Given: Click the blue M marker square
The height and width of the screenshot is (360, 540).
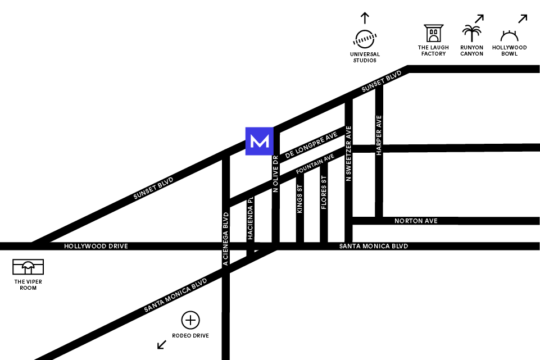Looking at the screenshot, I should (x=259, y=141).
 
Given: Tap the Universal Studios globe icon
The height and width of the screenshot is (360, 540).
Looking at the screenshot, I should (x=365, y=39).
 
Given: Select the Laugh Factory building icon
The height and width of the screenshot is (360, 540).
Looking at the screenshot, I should (x=433, y=33).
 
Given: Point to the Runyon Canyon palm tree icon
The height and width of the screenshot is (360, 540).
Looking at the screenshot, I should (x=471, y=34).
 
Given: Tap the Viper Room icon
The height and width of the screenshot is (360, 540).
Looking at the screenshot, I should (x=28, y=267).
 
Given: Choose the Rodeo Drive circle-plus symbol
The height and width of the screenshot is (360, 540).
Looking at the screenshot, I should (x=190, y=321).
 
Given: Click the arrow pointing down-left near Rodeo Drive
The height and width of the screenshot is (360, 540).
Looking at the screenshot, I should (x=162, y=344).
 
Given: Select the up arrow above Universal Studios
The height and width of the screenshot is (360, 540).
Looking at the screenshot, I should (x=365, y=17).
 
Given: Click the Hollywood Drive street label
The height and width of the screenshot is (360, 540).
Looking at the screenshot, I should (x=96, y=247).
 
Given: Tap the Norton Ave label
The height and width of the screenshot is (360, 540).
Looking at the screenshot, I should (x=416, y=221).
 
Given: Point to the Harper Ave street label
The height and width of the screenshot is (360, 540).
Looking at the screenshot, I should (x=379, y=135).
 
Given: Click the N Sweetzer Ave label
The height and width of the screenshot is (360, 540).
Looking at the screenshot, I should (x=349, y=153).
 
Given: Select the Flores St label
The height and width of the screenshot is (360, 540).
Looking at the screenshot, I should (x=324, y=193).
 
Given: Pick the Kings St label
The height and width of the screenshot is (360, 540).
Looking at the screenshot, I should (x=300, y=199).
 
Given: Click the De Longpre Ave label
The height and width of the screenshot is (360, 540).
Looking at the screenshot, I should (x=311, y=145).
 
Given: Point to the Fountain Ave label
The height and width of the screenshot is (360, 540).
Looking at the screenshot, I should (x=315, y=163).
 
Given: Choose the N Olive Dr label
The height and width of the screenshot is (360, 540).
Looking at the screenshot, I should (x=275, y=174).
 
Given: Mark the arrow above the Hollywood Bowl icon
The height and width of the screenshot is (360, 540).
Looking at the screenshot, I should (x=523, y=19).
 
